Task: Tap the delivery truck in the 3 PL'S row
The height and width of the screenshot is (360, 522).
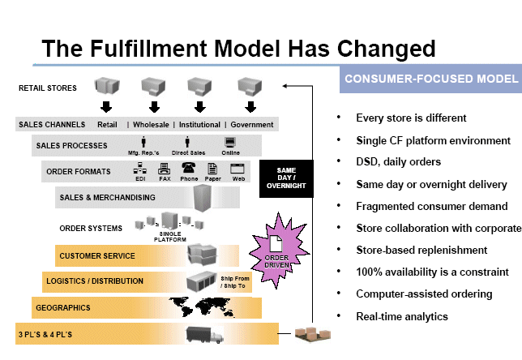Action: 205,333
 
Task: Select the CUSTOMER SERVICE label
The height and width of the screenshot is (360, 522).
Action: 96,256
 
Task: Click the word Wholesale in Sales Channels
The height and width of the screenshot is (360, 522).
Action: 152,125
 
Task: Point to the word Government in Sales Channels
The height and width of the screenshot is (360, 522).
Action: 252,125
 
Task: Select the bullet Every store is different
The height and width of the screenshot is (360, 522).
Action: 411,118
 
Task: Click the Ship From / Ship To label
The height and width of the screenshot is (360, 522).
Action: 236,281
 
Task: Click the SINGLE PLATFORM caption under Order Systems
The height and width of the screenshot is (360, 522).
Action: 170,237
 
